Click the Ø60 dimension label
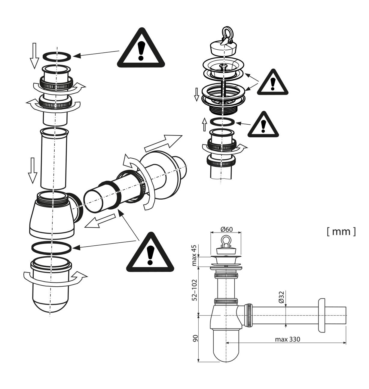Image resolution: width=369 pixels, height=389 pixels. click(226, 229)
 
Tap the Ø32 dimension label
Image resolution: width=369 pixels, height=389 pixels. click(281, 297)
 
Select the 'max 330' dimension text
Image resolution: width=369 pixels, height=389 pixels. click(287, 340)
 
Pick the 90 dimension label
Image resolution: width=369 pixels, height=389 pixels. click(195, 338)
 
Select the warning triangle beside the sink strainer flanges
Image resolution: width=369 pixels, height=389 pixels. click(273, 81)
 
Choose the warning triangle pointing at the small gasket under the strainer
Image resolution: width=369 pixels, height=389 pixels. click(263, 124)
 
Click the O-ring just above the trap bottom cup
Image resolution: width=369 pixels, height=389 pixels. click(52, 247)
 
